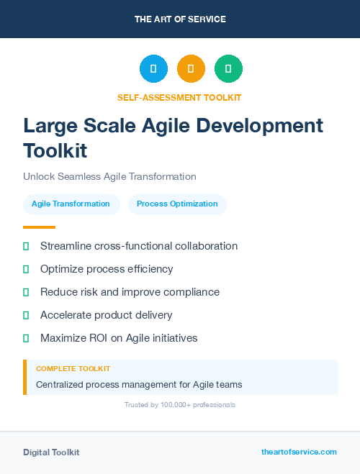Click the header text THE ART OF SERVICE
click(x=180, y=19)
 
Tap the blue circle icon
click(x=153, y=69)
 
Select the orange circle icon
click(x=191, y=69)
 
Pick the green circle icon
click(x=228, y=69)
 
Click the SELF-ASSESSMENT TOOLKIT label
click(x=179, y=97)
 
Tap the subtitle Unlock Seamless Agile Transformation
click(x=109, y=176)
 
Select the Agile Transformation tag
click(x=71, y=204)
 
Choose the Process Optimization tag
click(x=177, y=204)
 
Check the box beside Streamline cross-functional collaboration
click(x=26, y=246)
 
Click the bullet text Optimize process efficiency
click(x=107, y=269)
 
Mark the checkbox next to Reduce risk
click(x=26, y=292)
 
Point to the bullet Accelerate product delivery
click(x=106, y=315)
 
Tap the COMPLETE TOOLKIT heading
click(x=73, y=369)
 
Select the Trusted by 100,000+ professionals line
click(x=180, y=405)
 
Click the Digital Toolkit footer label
click(x=51, y=452)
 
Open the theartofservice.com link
click(x=299, y=452)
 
